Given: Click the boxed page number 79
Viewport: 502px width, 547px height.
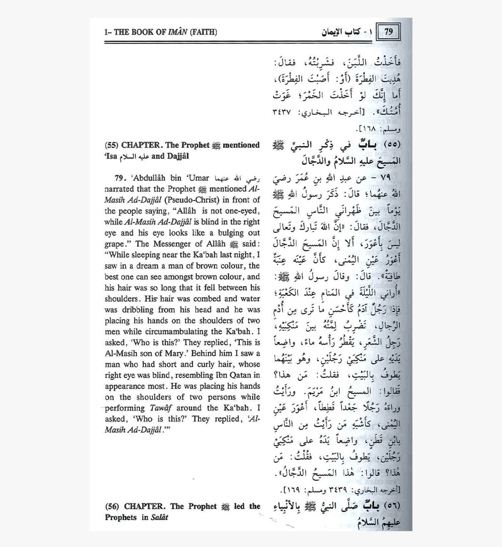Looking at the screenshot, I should (x=389, y=32).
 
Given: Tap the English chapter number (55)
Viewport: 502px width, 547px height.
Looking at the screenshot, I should (x=112, y=145).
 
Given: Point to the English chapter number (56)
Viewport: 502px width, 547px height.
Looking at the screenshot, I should (x=112, y=507).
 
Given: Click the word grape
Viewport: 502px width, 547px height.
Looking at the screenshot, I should (x=114, y=244).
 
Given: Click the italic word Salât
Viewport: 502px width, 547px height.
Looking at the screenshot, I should (x=159, y=517).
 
